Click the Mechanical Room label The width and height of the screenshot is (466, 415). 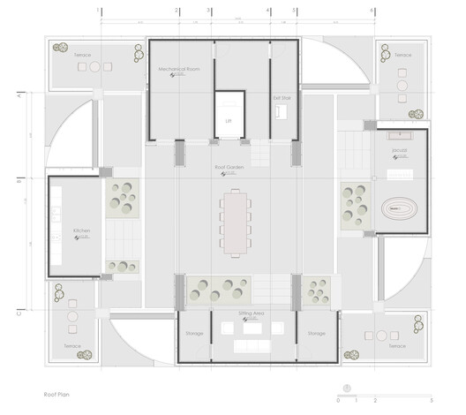pos(179,68)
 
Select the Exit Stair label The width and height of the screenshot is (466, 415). pos(281,98)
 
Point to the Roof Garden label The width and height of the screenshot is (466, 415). pos(228,166)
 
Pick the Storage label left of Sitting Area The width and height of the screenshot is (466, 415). pos(195,334)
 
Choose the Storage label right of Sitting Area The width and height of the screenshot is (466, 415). pos(317,334)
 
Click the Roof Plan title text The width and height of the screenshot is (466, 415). pos(57,397)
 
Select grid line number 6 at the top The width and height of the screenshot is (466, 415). pos(372,11)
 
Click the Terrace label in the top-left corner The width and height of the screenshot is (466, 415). pos(81,55)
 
